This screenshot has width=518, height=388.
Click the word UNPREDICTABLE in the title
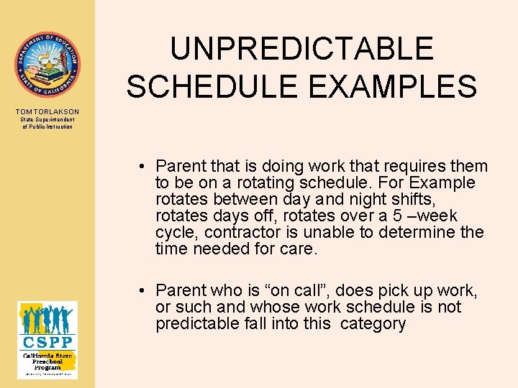[302, 49]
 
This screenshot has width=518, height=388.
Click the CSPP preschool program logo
[47, 339]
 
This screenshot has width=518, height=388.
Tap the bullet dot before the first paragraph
[144, 167]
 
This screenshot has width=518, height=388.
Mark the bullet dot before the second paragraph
[144, 291]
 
